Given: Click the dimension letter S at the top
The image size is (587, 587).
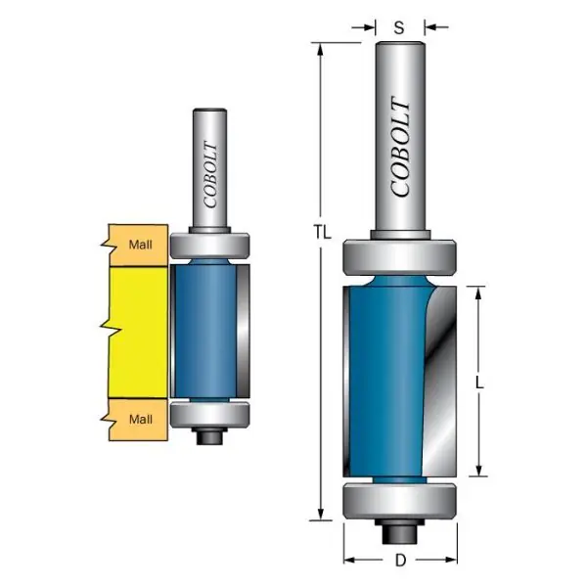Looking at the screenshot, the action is point(399,27).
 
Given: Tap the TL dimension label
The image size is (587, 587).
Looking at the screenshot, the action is point(322,233).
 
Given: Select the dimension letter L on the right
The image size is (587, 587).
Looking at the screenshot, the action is point(479,383).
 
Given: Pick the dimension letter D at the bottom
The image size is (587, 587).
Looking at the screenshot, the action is point(400,561).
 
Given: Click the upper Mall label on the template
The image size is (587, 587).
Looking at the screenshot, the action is point(140,245).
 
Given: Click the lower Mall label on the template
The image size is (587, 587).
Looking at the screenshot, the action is point(140,420).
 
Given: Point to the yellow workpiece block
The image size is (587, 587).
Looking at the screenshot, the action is point(138,333).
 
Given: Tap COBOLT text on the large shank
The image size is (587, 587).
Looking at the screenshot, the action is point(400,146).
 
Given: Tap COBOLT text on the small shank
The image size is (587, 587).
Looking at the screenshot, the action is point(210,174).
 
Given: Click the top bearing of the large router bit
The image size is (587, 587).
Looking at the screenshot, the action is point(400,257).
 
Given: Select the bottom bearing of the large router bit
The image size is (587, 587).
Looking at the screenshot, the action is point(400,502).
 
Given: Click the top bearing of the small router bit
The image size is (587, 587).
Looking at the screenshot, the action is point(209,246).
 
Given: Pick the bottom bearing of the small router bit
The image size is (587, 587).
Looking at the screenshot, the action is point(209,415).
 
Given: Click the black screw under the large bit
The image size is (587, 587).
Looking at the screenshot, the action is point(399,531).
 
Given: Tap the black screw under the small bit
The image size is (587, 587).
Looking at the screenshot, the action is point(209,435).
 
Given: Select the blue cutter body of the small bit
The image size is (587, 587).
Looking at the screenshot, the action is point(205,330).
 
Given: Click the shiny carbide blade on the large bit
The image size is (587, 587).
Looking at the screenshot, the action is point(440,382).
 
